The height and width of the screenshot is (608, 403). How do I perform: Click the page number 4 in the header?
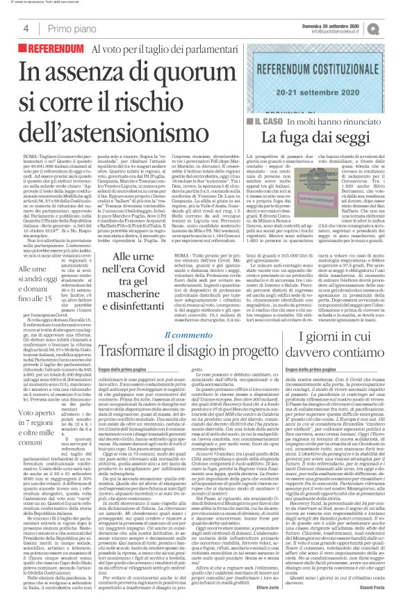26,29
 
